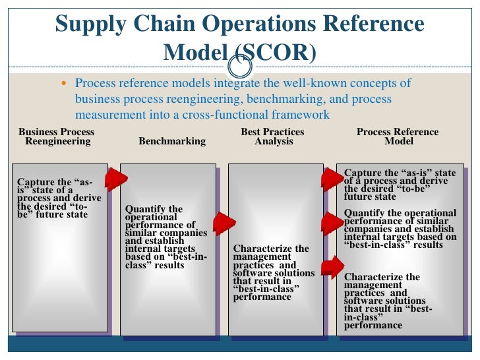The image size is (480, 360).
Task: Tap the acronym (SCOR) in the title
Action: pyautogui.click(x=277, y=52)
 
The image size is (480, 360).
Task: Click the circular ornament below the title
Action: pyautogui.click(x=239, y=67)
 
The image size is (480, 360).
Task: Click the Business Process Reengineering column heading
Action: pyautogui.click(x=57, y=136)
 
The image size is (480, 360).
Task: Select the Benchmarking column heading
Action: pyautogui.click(x=172, y=141)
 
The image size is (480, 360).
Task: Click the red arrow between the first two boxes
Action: pyautogui.click(x=116, y=179)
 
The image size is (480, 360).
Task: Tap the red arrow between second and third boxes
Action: pyautogui.click(x=224, y=224)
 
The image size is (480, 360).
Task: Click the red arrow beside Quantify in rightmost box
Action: pyautogui.click(x=332, y=223)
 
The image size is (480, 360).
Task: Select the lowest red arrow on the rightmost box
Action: pyautogui.click(x=332, y=266)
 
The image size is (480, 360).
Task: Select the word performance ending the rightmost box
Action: pyautogui.click(x=373, y=325)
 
